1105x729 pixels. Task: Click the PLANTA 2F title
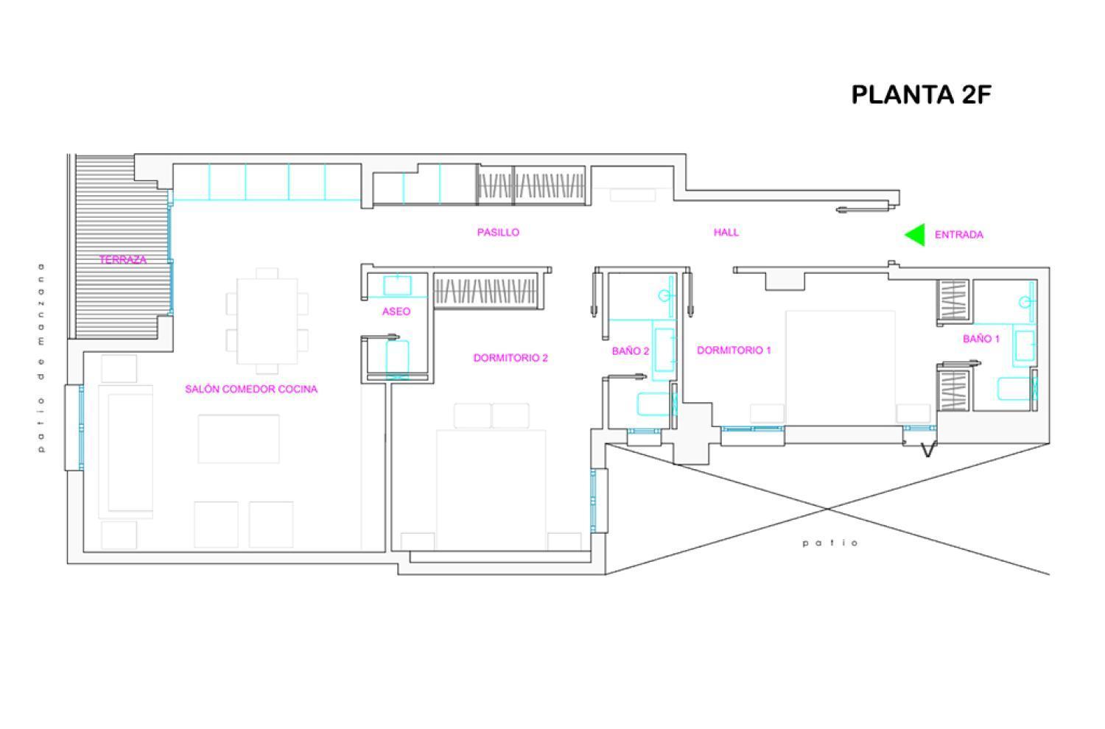tap(921, 95)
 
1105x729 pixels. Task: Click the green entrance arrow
tap(915, 235)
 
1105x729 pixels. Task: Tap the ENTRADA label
tap(959, 235)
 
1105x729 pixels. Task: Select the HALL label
tap(726, 232)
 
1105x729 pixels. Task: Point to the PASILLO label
tap(498, 232)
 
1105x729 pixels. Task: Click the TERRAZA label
tap(123, 259)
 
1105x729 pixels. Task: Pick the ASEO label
tap(396, 311)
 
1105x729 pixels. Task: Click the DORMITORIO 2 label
tap(511, 358)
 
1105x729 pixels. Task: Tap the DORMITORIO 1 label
tap(734, 351)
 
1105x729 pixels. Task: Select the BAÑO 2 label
tap(631, 351)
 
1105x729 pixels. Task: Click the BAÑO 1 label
tap(982, 339)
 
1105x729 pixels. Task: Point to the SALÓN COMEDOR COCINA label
tap(252, 389)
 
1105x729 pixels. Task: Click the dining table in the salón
tap(267, 321)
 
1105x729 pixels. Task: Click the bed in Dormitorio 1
tap(841, 367)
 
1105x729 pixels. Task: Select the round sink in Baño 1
tap(1026, 301)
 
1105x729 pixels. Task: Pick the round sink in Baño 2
tap(665, 296)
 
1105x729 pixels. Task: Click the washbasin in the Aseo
tap(398, 286)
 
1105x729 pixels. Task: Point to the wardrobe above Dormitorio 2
tap(485, 291)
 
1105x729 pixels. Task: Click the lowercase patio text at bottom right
tap(830, 543)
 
